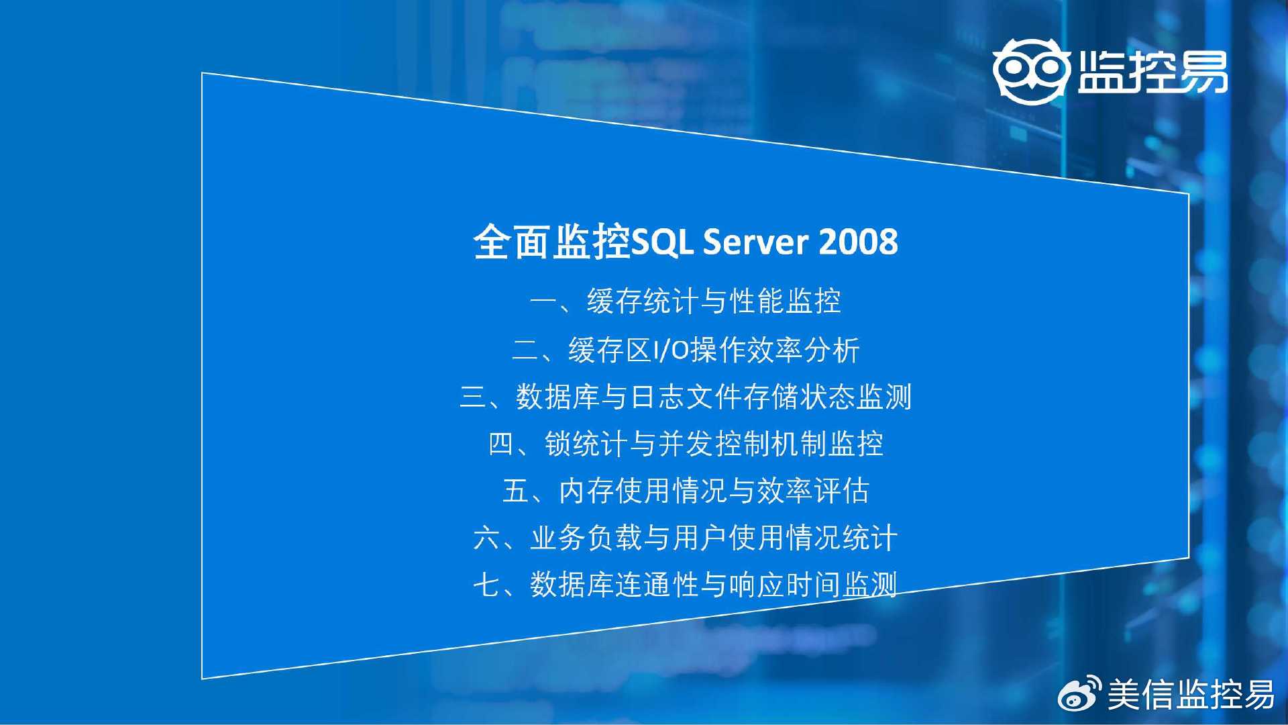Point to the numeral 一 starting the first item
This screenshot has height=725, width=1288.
543,301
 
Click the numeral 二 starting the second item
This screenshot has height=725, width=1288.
525,350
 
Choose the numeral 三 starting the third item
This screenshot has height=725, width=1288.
473,397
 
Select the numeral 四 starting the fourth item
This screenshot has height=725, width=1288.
502,444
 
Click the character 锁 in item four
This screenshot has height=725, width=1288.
558,444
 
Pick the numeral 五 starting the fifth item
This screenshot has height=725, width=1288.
516,491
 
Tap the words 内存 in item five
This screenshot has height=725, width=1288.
587,491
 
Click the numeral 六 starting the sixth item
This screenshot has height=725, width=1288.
487,538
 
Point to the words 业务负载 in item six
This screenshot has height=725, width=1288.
586,538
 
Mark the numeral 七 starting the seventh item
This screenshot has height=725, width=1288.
487,585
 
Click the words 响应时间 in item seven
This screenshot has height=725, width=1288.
785,585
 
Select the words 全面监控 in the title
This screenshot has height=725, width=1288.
552,242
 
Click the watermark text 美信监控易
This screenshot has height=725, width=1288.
1191,694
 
